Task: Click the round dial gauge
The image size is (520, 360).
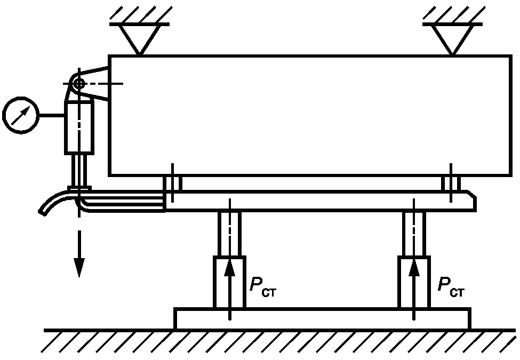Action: tap(21, 115)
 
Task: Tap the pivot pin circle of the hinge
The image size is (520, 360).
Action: tap(79, 83)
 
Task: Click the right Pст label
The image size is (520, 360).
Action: tap(451, 286)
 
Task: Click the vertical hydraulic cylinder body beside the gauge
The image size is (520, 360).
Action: tap(79, 128)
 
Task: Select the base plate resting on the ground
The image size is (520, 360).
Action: tap(322, 318)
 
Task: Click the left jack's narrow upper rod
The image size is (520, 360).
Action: tap(229, 233)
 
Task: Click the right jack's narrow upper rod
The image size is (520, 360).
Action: tap(414, 233)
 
